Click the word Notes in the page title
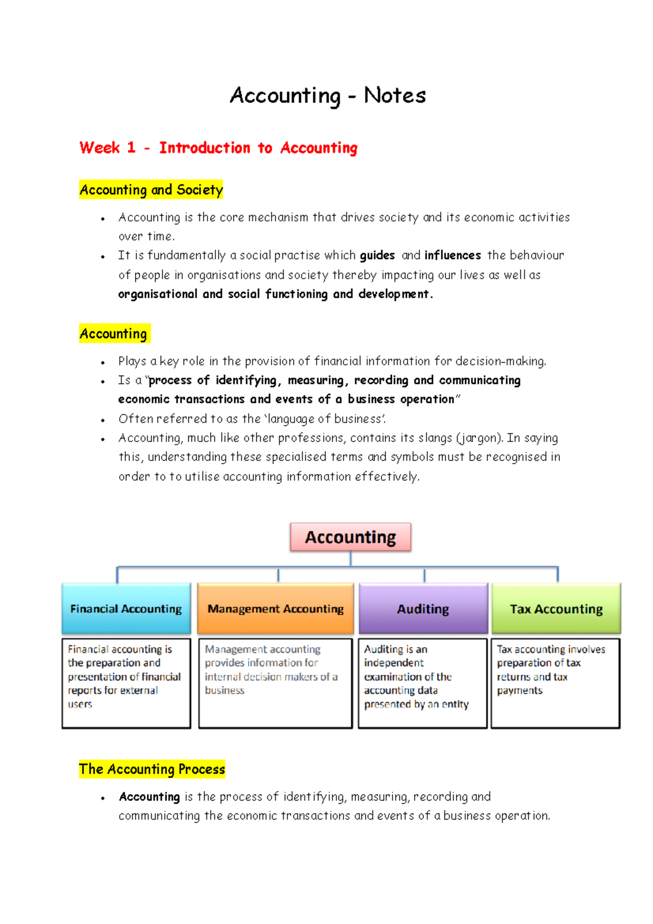point(395,96)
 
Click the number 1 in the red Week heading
point(131,147)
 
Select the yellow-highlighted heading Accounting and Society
point(151,190)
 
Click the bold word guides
point(377,255)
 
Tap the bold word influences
point(452,255)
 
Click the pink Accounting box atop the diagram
point(350,537)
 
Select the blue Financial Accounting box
point(126,608)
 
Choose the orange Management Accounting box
point(275,608)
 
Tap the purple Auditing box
point(423,608)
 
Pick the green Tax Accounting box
point(556,608)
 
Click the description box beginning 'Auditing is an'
point(422,683)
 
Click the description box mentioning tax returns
point(555,683)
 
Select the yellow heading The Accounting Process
point(152,769)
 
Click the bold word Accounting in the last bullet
point(149,797)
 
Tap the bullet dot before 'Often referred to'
point(103,420)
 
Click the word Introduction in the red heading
point(205,147)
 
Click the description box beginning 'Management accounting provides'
point(275,683)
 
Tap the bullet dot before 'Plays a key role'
point(103,362)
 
